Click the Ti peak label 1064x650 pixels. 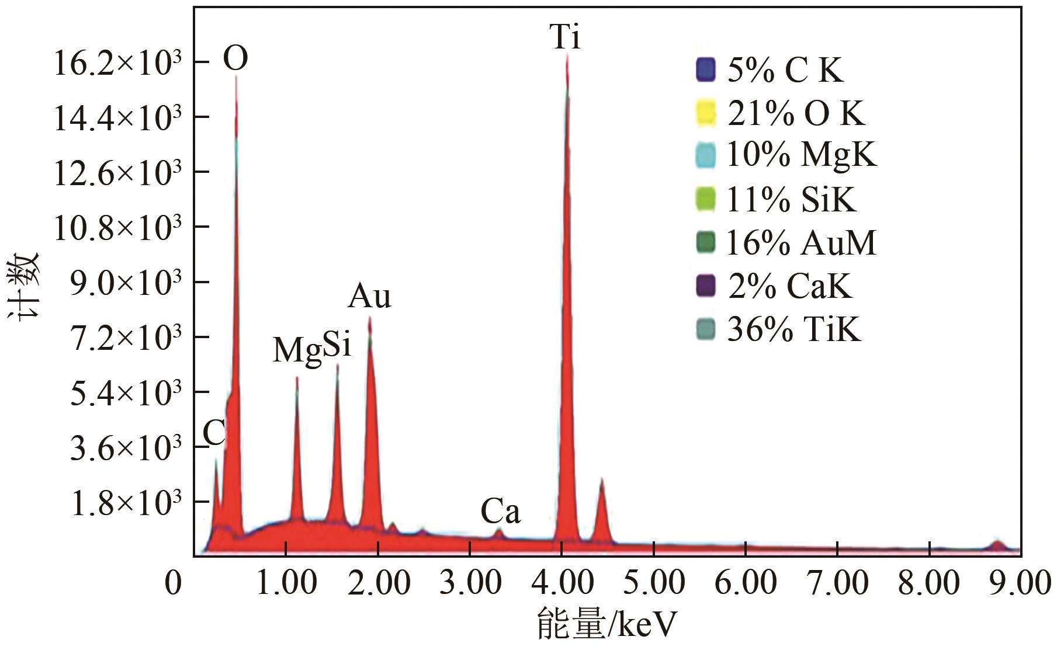click(x=565, y=37)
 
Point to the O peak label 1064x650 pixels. click(x=235, y=58)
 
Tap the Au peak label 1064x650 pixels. click(x=369, y=297)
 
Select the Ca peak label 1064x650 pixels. click(x=500, y=512)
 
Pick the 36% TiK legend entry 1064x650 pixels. click(x=793, y=329)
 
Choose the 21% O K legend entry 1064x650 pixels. click(x=795, y=113)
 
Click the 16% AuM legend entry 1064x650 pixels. click(x=800, y=243)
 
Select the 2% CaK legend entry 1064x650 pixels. click(x=789, y=286)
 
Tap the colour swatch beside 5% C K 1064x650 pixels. click(x=706, y=70)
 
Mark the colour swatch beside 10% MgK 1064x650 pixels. click(x=706, y=156)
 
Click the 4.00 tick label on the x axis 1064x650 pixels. click(x=562, y=583)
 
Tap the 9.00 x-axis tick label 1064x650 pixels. click(x=1020, y=583)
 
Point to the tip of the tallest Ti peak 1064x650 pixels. click(x=567, y=54)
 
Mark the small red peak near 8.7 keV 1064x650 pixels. click(x=997, y=545)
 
